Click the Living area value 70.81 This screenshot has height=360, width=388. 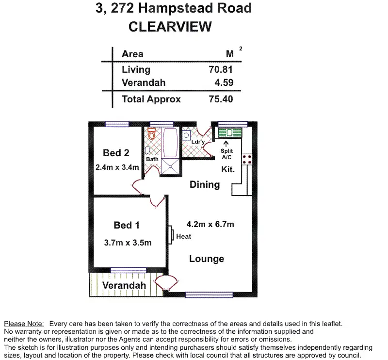click(x=221, y=69)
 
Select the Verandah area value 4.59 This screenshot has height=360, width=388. click(x=224, y=82)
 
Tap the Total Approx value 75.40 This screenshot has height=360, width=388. click(x=221, y=99)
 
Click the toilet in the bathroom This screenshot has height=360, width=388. click(x=151, y=134)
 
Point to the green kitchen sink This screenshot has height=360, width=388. click(x=229, y=133)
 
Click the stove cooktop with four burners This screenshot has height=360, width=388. click(x=247, y=159)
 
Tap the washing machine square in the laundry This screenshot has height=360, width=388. click(x=187, y=135)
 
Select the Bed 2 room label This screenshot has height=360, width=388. click(x=116, y=153)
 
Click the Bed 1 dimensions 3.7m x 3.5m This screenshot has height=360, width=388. click(x=128, y=243)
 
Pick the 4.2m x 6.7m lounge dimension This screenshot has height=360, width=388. click(x=210, y=224)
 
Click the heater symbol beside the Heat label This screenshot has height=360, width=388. click(x=171, y=235)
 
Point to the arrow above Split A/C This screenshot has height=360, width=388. click(x=226, y=144)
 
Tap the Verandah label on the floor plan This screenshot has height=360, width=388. click(x=124, y=285)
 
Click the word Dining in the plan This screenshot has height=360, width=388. click(x=205, y=185)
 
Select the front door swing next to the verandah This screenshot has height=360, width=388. click(x=166, y=283)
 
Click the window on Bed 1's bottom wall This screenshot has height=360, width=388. click(x=128, y=270)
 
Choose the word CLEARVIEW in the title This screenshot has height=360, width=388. click(x=170, y=27)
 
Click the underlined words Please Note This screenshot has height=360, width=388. click(x=24, y=324)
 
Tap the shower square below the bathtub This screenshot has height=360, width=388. click(x=170, y=166)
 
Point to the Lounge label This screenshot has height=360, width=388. click(x=207, y=259)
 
